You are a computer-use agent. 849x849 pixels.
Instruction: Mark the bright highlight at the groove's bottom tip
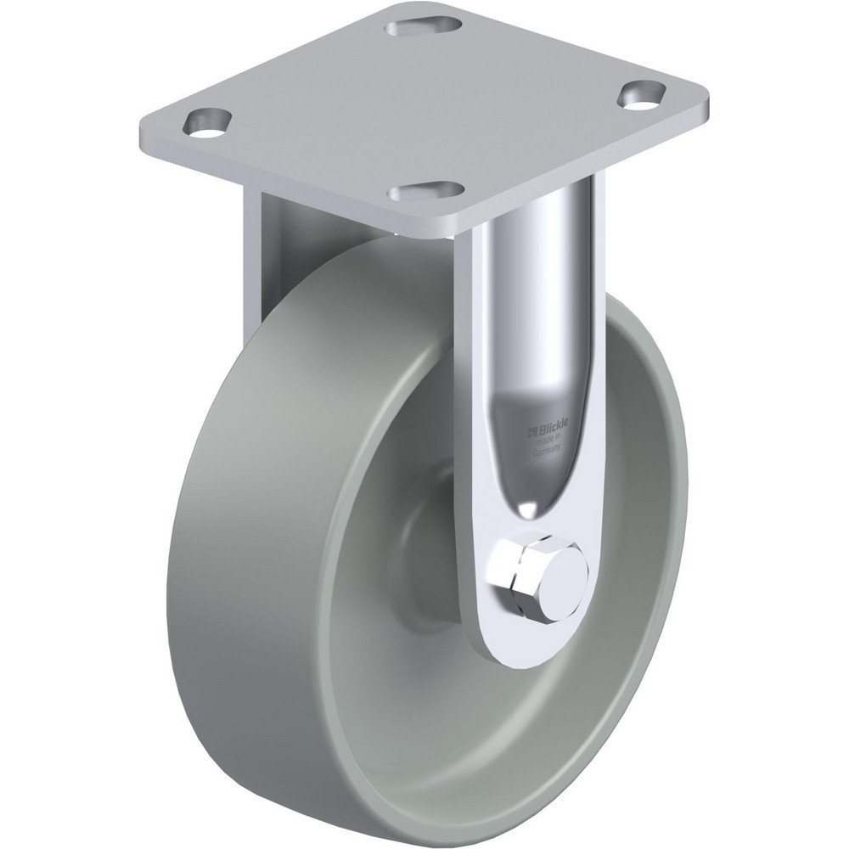(527, 507)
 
